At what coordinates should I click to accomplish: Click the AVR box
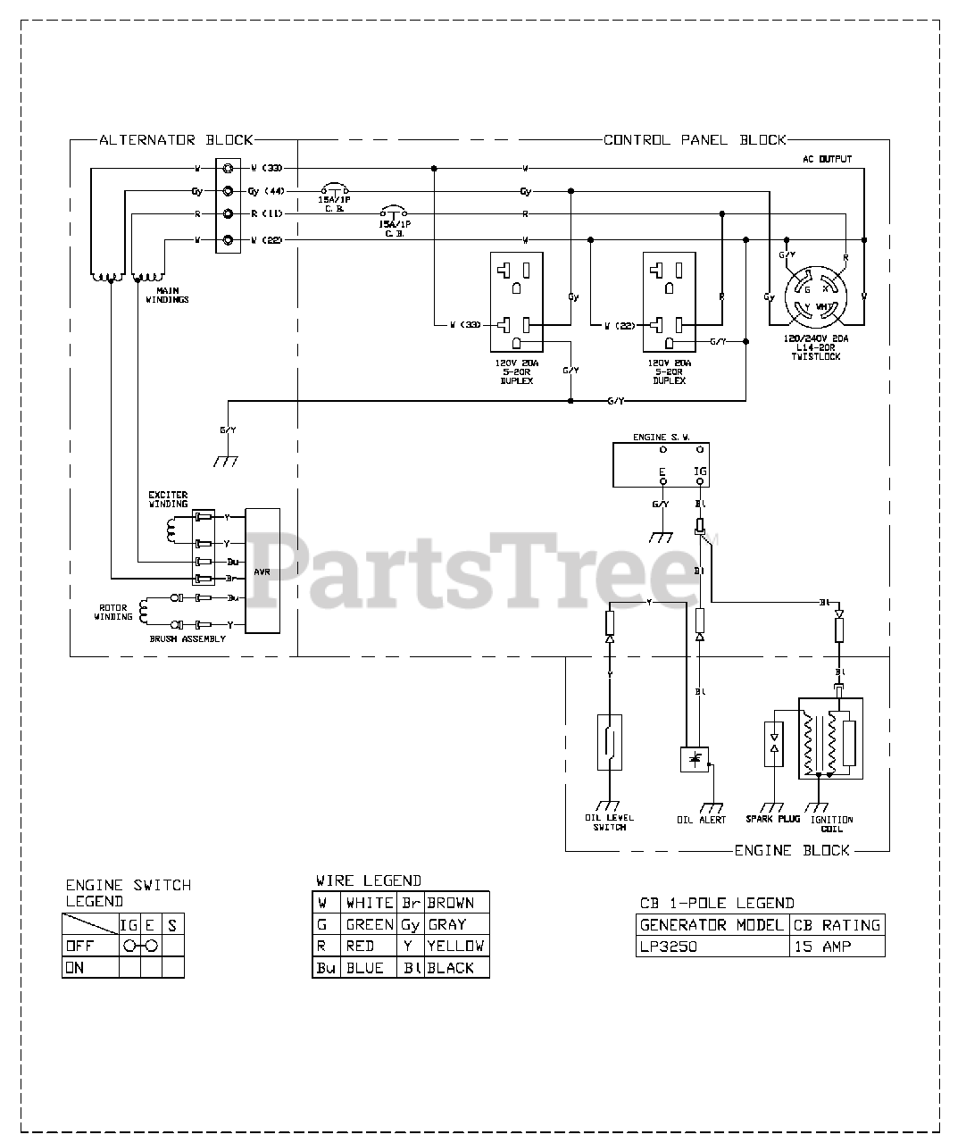[262, 571]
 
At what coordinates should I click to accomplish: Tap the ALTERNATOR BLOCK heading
[176, 140]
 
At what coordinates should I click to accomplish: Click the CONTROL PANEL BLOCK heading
[695, 140]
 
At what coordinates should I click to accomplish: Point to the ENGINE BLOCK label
[792, 850]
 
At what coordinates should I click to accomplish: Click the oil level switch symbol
[609, 741]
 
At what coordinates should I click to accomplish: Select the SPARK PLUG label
[773, 819]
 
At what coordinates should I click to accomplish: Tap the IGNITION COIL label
[831, 823]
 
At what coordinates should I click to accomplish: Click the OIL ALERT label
[702, 819]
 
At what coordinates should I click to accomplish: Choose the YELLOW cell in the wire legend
[455, 946]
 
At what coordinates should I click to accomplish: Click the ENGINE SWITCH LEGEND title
[128, 893]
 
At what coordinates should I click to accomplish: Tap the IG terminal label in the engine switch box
[700, 471]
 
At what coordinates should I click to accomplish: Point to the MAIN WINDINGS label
[167, 296]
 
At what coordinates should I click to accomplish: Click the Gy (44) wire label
[265, 191]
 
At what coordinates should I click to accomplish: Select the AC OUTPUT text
[827, 159]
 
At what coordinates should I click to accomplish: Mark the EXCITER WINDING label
[168, 499]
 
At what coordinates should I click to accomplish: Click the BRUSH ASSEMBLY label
[187, 638]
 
